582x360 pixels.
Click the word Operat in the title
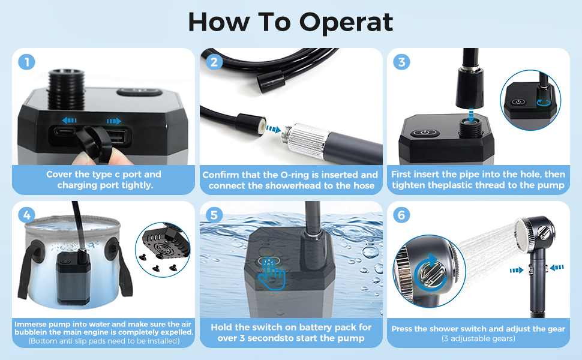[x=346, y=23]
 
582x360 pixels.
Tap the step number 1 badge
[x=27, y=62]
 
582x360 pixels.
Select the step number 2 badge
[x=214, y=62]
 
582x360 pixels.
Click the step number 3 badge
[x=401, y=62]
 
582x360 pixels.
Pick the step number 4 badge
[x=27, y=215]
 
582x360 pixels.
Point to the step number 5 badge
[x=214, y=215]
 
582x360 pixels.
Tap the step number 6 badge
[x=401, y=215]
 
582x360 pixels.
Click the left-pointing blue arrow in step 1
[x=70, y=121]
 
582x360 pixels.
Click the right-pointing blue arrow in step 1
[x=113, y=121]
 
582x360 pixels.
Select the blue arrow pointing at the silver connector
[x=273, y=129]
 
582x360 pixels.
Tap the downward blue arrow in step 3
[x=471, y=115]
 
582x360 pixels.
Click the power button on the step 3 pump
[x=425, y=133]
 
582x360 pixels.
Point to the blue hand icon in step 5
[x=272, y=274]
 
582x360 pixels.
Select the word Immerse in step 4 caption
[x=31, y=324]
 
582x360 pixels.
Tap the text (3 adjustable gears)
[x=478, y=338]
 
